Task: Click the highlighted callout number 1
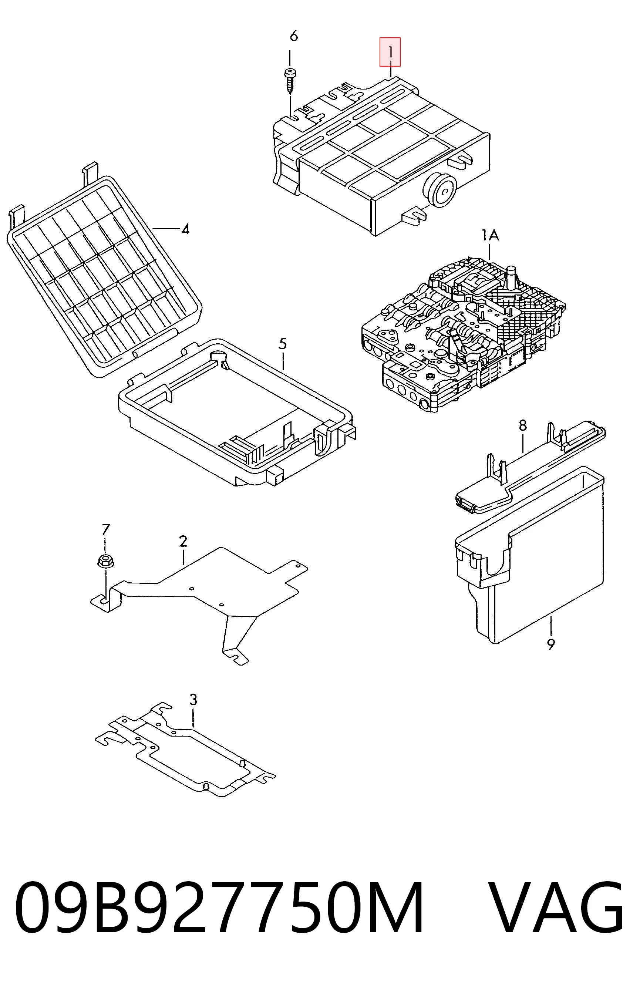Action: [390, 52]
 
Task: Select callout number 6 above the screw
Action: [294, 37]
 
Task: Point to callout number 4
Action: [185, 229]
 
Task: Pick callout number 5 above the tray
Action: [283, 344]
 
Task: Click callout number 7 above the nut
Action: [106, 529]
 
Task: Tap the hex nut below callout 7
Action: [105, 561]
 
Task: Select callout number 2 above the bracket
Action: [183, 541]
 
